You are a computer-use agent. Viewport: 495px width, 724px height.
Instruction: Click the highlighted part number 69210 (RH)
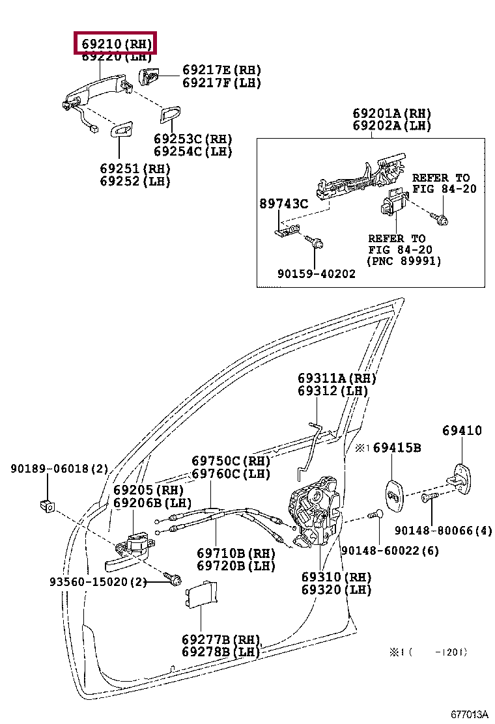click(116, 44)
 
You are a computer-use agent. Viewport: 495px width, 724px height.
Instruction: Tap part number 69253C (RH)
click(193, 139)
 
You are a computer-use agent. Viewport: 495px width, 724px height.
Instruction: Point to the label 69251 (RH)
click(135, 168)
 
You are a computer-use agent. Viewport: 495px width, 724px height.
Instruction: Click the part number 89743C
click(285, 204)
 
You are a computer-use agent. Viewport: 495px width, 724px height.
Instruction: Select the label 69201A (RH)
click(392, 113)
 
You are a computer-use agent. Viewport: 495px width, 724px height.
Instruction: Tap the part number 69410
click(462, 430)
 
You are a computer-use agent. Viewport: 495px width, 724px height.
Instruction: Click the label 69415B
click(397, 448)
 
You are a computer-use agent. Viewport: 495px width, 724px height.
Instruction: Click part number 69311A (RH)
click(337, 378)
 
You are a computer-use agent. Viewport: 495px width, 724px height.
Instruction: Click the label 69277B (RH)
click(221, 639)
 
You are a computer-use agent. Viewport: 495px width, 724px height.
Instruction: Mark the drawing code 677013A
click(467, 714)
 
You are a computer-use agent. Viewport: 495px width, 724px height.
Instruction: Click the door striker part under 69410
click(463, 480)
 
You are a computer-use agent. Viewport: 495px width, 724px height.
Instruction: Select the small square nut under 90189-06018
click(47, 503)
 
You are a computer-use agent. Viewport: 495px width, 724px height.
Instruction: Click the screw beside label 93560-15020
click(173, 578)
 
